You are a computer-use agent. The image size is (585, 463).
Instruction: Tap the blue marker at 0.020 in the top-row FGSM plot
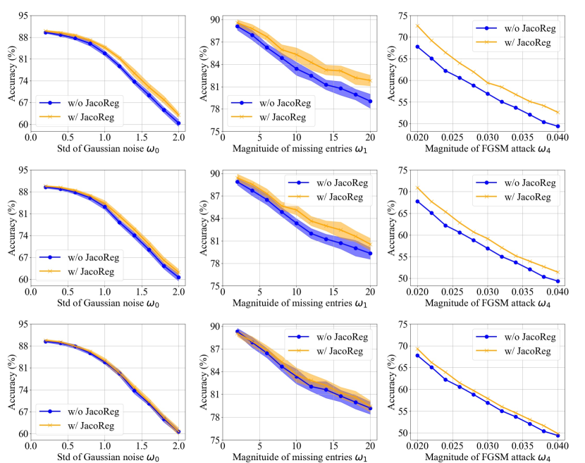[417, 47]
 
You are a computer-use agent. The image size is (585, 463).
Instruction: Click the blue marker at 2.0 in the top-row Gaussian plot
[179, 123]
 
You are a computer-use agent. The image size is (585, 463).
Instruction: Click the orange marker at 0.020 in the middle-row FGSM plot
[417, 188]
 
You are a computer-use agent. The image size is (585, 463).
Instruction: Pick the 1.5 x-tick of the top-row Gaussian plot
[142, 138]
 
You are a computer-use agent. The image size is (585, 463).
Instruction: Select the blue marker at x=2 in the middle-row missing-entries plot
[238, 182]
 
